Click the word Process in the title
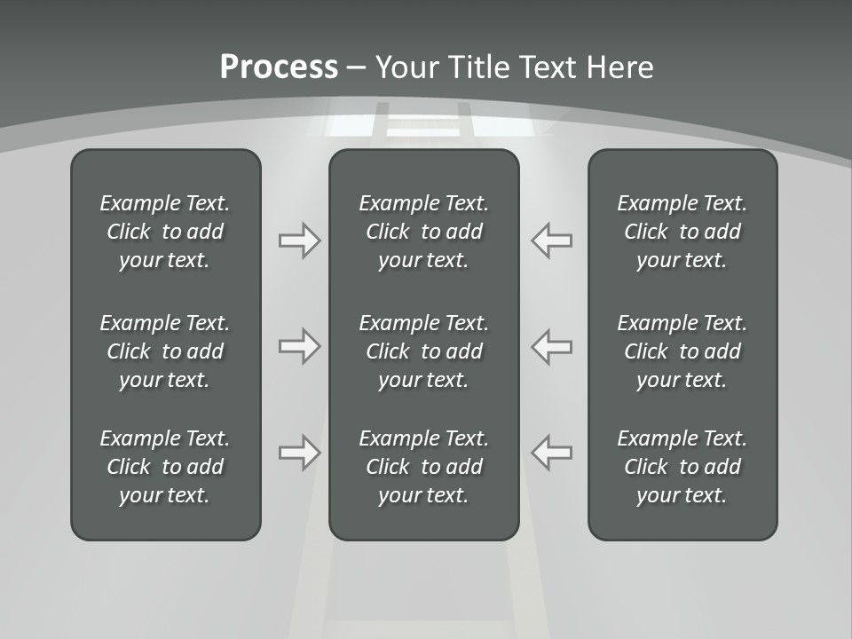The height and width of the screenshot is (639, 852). (279, 67)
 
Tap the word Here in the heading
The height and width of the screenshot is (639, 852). (619, 67)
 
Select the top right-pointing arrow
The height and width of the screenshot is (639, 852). (299, 241)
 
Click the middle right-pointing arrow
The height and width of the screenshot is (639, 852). (299, 346)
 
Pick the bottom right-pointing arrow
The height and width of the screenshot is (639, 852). (299, 452)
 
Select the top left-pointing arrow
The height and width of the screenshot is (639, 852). (551, 241)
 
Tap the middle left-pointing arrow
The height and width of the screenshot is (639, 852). (551, 346)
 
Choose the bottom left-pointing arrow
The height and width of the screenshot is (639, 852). (551, 452)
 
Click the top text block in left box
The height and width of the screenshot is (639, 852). (165, 232)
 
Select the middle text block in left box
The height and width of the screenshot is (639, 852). (165, 351)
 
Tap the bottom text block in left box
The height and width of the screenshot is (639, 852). (165, 467)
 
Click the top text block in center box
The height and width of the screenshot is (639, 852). (423, 232)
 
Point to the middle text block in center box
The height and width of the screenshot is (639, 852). (423, 351)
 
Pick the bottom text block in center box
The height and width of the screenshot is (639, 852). (423, 467)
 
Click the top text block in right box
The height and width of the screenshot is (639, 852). (682, 232)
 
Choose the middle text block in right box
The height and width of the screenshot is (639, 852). (682, 351)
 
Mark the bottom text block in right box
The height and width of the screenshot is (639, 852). (682, 467)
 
